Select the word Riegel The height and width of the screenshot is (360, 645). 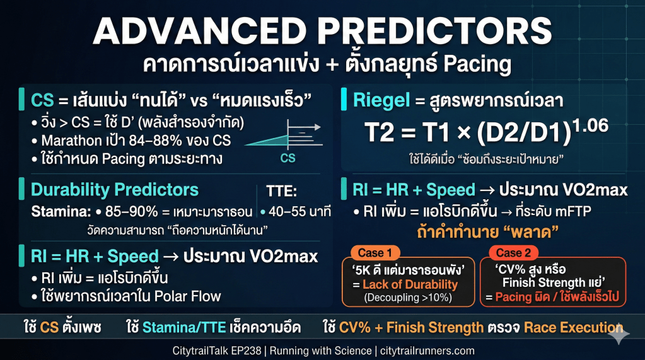coord(381,101)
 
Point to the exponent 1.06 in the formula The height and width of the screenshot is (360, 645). coord(591,125)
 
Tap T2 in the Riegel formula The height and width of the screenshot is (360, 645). coord(380,132)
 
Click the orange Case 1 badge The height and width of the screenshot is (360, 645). coord(375,253)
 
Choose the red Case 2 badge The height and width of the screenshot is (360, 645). coord(513,253)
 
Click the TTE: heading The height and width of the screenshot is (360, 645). coord(281,191)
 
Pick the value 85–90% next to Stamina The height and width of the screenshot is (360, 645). coord(132,211)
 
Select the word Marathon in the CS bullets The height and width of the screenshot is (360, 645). coord(71,141)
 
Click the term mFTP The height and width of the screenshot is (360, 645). coord(573,211)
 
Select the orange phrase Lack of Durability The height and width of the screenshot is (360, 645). coord(410,284)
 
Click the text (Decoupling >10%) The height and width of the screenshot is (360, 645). coord(408,298)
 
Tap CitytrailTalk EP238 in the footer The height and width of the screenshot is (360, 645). coord(217,351)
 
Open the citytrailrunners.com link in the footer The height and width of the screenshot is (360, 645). coord(427,351)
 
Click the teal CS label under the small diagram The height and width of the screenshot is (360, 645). coord(288,158)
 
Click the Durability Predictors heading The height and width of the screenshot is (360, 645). coord(115,190)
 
